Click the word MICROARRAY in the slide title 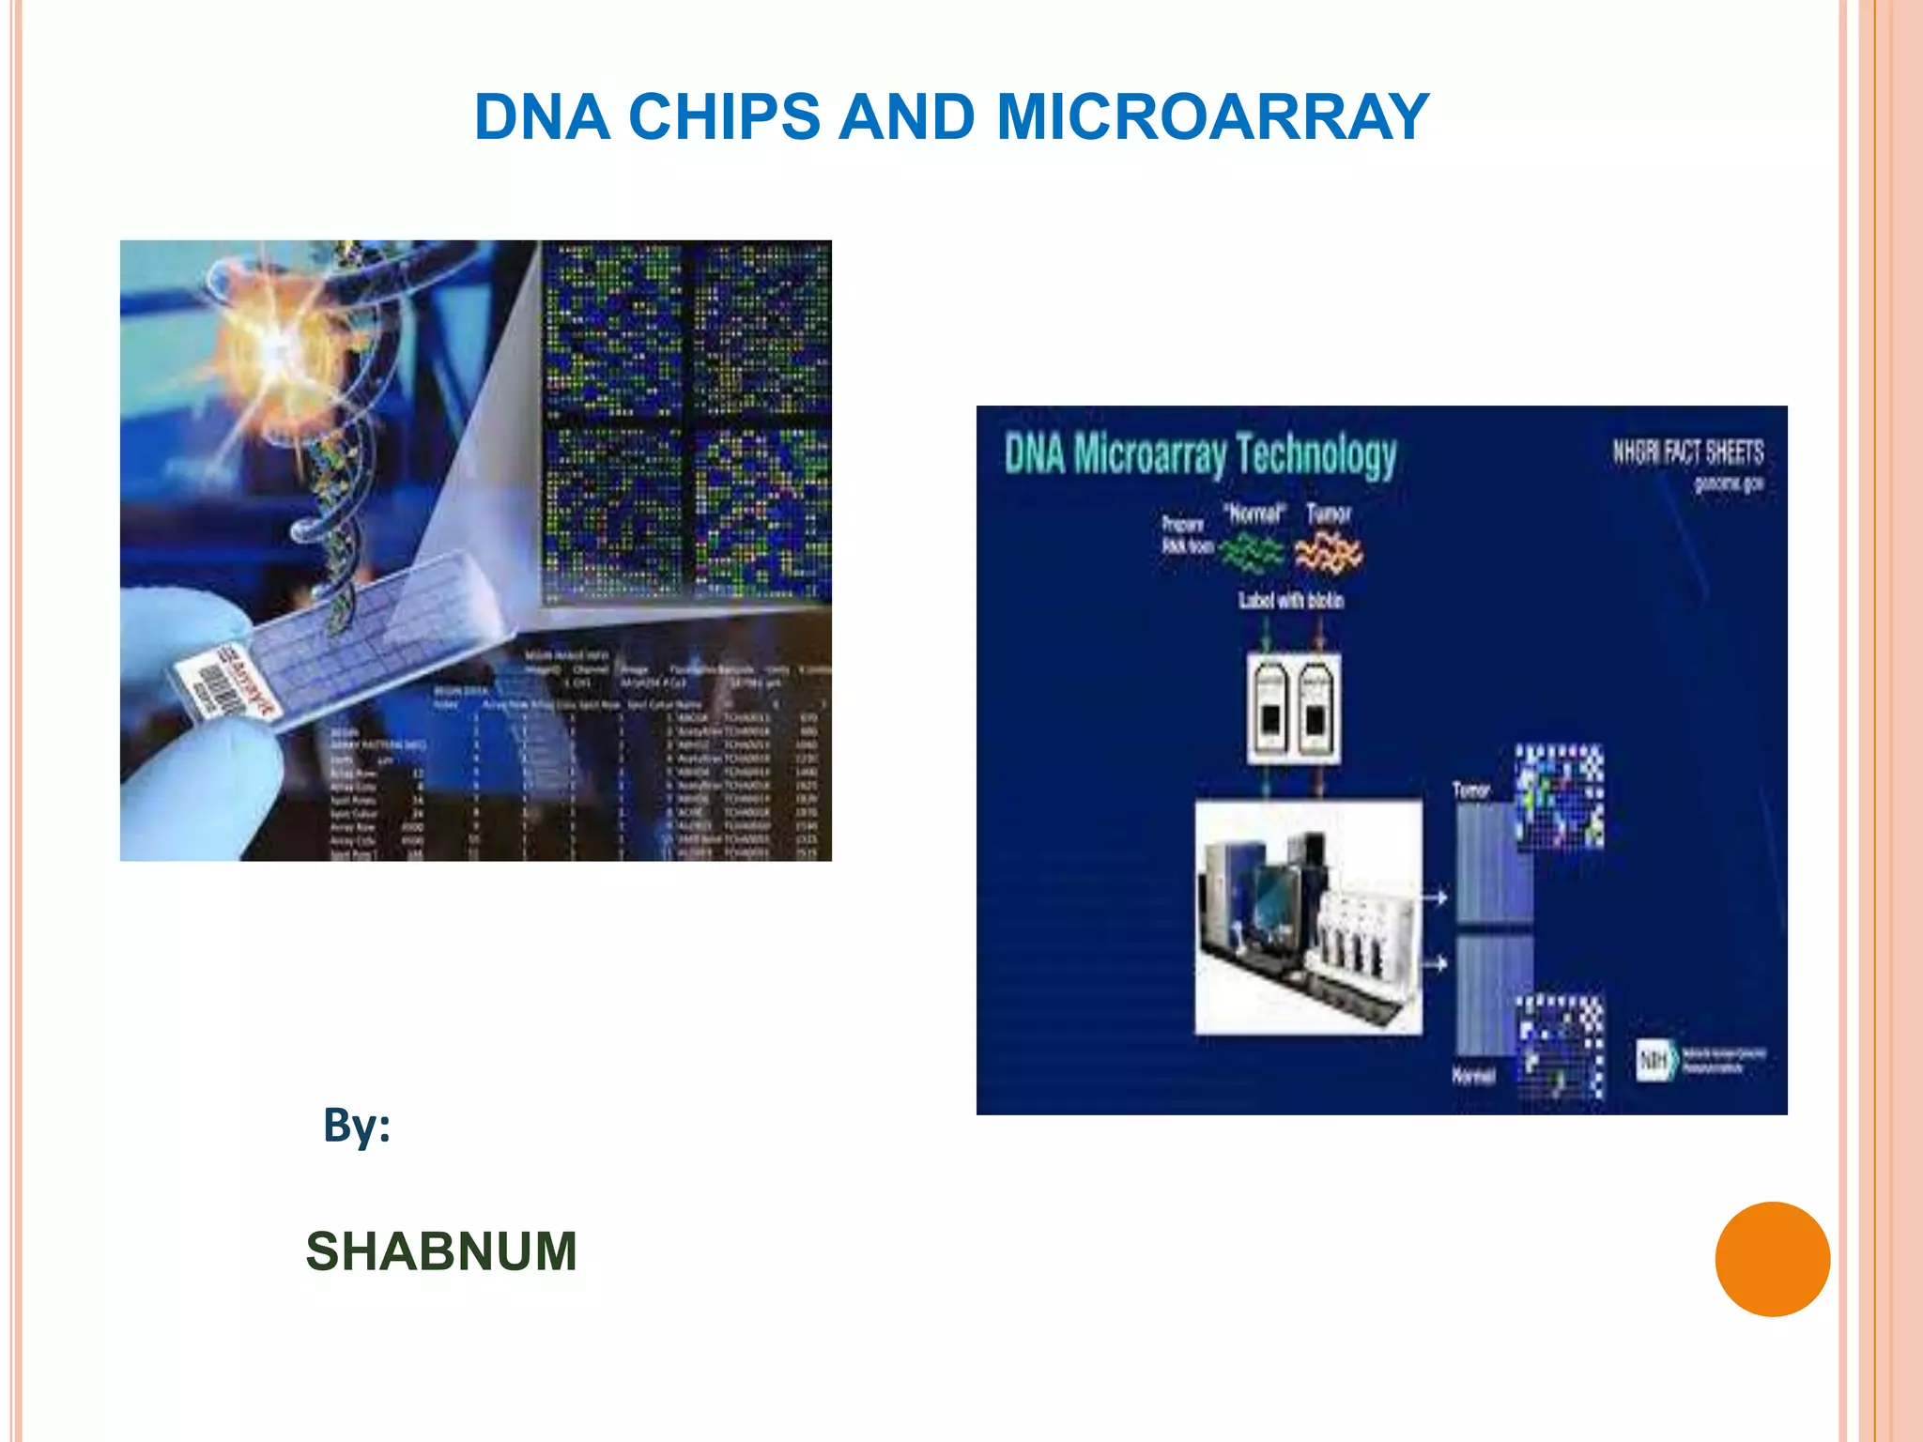click(x=1212, y=117)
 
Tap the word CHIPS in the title click(x=724, y=117)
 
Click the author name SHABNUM click(x=441, y=1251)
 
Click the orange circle click(x=1772, y=1259)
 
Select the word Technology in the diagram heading click(x=1316, y=455)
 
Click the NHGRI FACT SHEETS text click(x=1687, y=453)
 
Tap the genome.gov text click(x=1728, y=483)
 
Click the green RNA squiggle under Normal click(x=1253, y=553)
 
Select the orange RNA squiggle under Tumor click(x=1328, y=552)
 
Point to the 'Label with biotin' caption click(x=1291, y=600)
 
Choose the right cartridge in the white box click(x=1316, y=709)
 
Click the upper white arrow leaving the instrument click(x=1436, y=898)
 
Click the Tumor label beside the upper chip click(x=1471, y=790)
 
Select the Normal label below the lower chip click(x=1472, y=1076)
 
